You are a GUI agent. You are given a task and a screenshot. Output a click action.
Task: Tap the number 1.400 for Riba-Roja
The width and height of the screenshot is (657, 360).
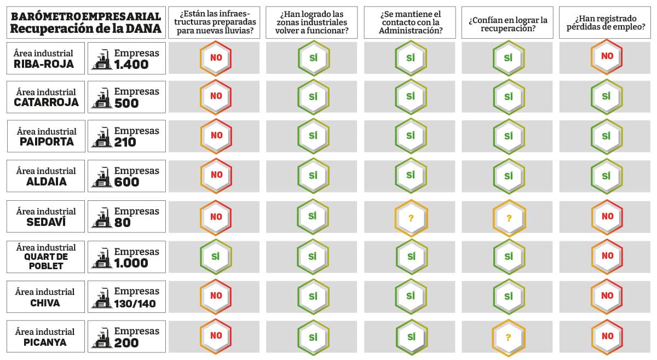click(x=131, y=65)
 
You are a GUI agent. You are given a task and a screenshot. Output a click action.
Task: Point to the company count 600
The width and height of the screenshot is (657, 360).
click(x=126, y=182)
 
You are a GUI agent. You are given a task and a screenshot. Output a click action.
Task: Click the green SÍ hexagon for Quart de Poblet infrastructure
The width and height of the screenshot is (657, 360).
click(x=216, y=256)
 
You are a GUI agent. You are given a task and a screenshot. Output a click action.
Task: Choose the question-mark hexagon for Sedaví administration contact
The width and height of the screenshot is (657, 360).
click(x=411, y=217)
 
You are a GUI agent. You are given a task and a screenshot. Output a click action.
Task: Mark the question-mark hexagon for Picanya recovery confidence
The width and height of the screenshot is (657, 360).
click(x=508, y=337)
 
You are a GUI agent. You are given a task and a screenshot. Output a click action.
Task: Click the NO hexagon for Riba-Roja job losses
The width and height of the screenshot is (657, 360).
click(x=607, y=56)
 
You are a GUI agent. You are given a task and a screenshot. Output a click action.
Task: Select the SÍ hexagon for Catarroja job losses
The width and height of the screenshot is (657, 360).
click(x=607, y=96)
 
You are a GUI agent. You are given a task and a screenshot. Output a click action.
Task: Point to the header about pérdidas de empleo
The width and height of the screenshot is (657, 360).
click(x=605, y=23)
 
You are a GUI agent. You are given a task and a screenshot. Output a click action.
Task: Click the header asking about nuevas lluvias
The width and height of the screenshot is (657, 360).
click(x=214, y=22)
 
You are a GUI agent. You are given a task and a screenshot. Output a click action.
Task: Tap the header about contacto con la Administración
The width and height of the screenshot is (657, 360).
click(x=410, y=22)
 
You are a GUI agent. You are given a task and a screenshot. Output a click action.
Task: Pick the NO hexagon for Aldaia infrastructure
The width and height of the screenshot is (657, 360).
click(x=216, y=175)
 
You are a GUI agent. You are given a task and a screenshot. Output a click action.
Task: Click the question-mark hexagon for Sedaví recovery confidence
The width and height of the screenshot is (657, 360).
click(x=508, y=217)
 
